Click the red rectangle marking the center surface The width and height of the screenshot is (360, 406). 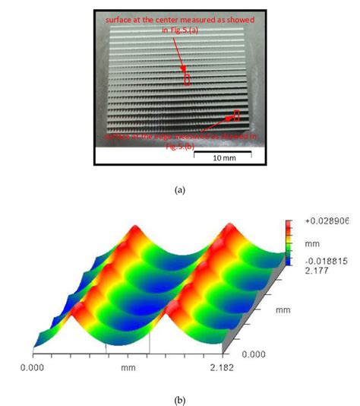pyautogui.click(x=186, y=78)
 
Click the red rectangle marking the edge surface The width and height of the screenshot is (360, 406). pyautogui.click(x=236, y=116)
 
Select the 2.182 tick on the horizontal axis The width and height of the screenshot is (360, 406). pyautogui.click(x=234, y=367)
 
